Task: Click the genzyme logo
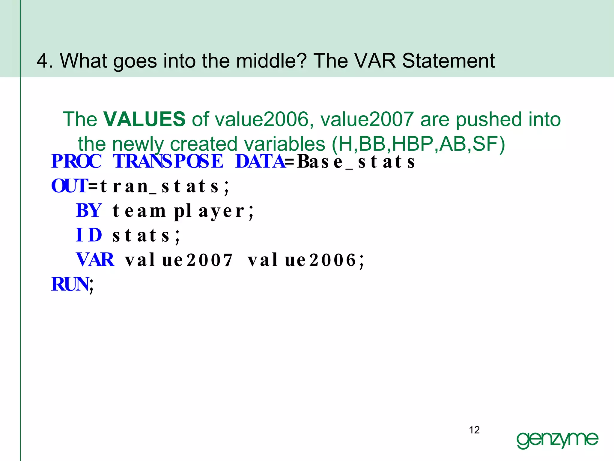[557, 440]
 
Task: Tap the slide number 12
[474, 430]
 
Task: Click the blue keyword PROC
[76, 161]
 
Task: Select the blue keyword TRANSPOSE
[168, 161]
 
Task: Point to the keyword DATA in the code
[260, 161]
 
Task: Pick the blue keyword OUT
[69, 186]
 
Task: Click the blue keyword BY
[89, 211]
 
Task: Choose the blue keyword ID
[89, 235]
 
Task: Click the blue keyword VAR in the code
[95, 260]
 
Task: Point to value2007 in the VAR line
[179, 260]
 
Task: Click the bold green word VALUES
[144, 119]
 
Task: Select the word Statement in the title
[448, 61]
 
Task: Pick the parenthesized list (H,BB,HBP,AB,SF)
[418, 144]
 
